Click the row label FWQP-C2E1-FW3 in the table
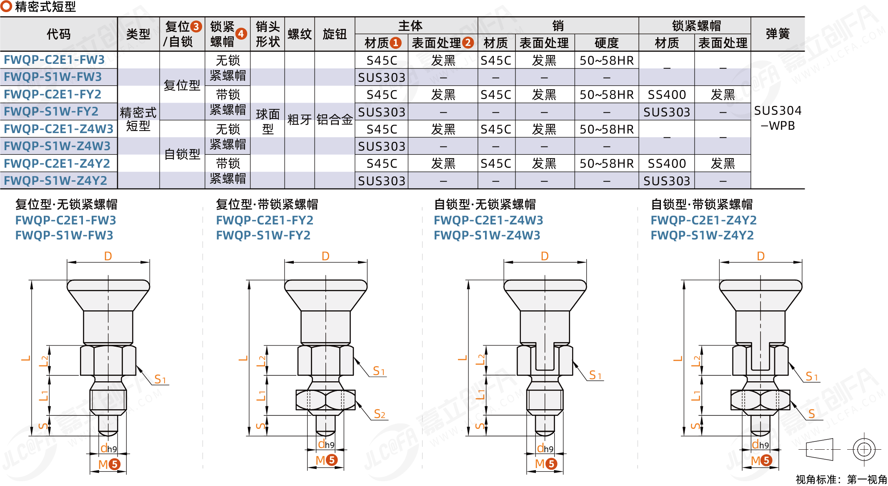point(54,60)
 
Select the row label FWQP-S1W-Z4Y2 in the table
point(55,181)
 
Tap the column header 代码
point(59,34)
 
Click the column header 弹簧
point(778,34)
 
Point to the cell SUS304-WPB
point(778,118)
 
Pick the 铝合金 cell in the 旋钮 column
point(335,120)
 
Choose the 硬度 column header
point(607,43)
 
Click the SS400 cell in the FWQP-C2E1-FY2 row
point(667,95)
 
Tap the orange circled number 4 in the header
point(241,34)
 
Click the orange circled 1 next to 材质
point(396,43)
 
